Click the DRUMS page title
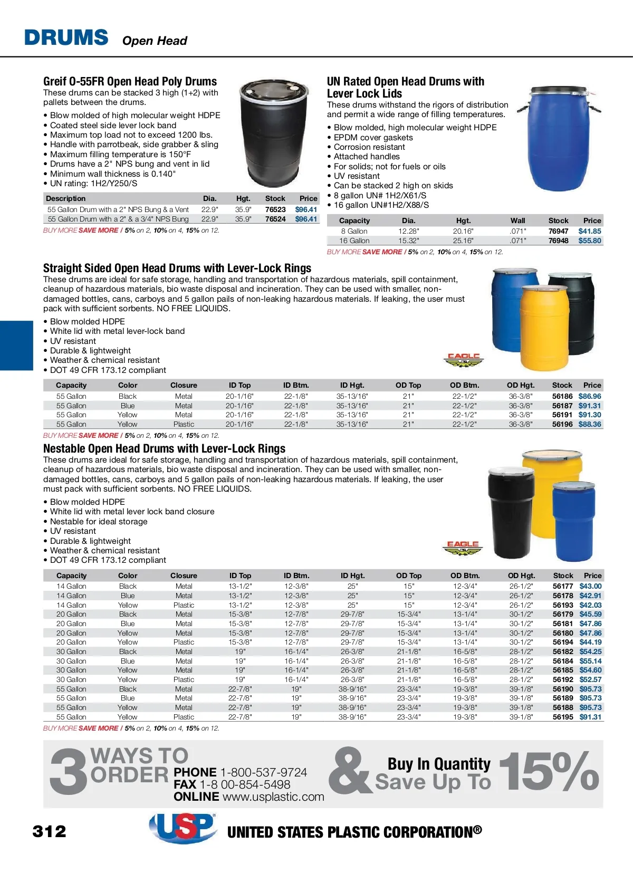coord(66,38)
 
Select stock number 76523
coord(275,209)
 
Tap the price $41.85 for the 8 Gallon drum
coord(590,231)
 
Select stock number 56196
coord(562,424)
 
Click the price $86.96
coord(590,396)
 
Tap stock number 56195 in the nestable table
coord(562,717)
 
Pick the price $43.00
coord(590,586)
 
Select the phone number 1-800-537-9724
coord(263,772)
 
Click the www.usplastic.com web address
coord(273,797)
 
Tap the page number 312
coord(50,832)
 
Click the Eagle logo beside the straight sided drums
coord(463,360)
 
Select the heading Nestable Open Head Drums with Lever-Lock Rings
coord(164,448)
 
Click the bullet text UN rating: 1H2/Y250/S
coord(93,184)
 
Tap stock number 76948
coord(558,241)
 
